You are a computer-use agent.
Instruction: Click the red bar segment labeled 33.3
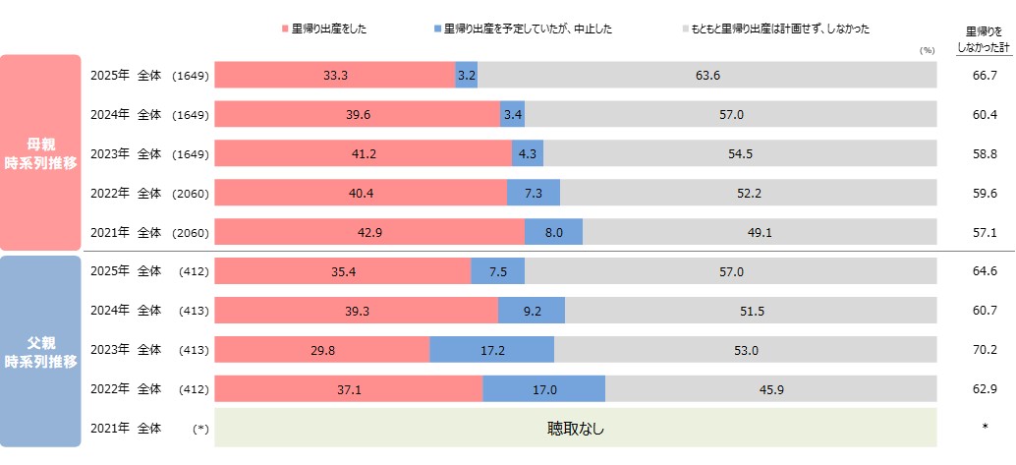pos(334,75)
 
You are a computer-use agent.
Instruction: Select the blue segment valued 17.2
pos(491,349)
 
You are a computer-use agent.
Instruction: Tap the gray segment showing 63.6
pos(707,75)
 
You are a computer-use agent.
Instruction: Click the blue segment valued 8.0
pos(553,231)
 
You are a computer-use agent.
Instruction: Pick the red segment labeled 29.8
pos(321,349)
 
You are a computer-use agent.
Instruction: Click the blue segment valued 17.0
pos(543,388)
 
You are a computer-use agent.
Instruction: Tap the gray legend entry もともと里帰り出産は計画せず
pos(775,29)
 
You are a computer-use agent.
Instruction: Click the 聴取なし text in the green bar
pos(576,428)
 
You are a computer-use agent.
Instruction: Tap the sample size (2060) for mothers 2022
pos(190,193)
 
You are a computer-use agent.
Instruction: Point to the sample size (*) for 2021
pos(200,429)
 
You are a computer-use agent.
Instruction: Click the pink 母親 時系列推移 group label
pos(39,152)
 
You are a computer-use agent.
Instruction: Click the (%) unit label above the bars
pos(926,50)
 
